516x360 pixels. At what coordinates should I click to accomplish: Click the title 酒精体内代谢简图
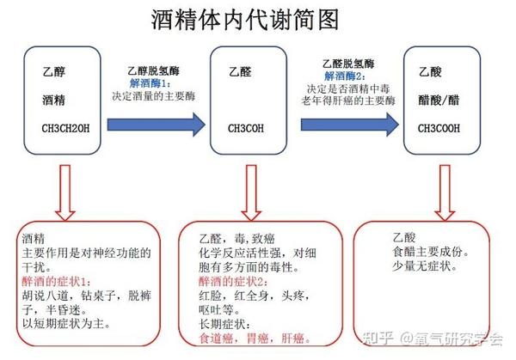245,20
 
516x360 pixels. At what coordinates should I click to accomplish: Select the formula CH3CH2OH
65,128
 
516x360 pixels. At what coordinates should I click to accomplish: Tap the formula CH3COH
245,128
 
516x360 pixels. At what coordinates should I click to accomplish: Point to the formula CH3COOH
439,128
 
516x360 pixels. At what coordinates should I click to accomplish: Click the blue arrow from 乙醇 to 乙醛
157,125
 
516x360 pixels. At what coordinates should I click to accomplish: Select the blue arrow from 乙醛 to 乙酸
350,125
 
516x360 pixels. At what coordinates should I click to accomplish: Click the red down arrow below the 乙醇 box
65,192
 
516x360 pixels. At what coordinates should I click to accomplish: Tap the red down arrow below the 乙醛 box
251,192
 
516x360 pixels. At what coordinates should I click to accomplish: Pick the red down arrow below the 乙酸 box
445,192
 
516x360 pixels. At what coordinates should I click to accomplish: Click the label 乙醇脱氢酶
153,70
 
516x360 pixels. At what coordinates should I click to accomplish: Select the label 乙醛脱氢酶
348,64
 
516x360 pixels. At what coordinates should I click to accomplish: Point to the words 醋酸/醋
439,100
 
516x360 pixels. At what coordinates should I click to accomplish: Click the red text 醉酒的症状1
56,282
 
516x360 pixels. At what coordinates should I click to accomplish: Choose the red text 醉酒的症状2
233,282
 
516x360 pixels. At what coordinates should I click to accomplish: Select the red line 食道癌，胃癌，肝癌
255,339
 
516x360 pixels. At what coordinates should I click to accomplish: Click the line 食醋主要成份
431,252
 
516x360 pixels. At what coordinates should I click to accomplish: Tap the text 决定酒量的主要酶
154,96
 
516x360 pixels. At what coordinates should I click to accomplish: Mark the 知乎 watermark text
378,339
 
